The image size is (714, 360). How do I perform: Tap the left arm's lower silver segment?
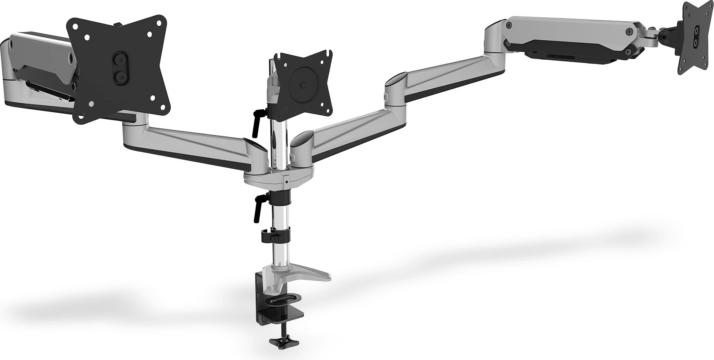point(188,144)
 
